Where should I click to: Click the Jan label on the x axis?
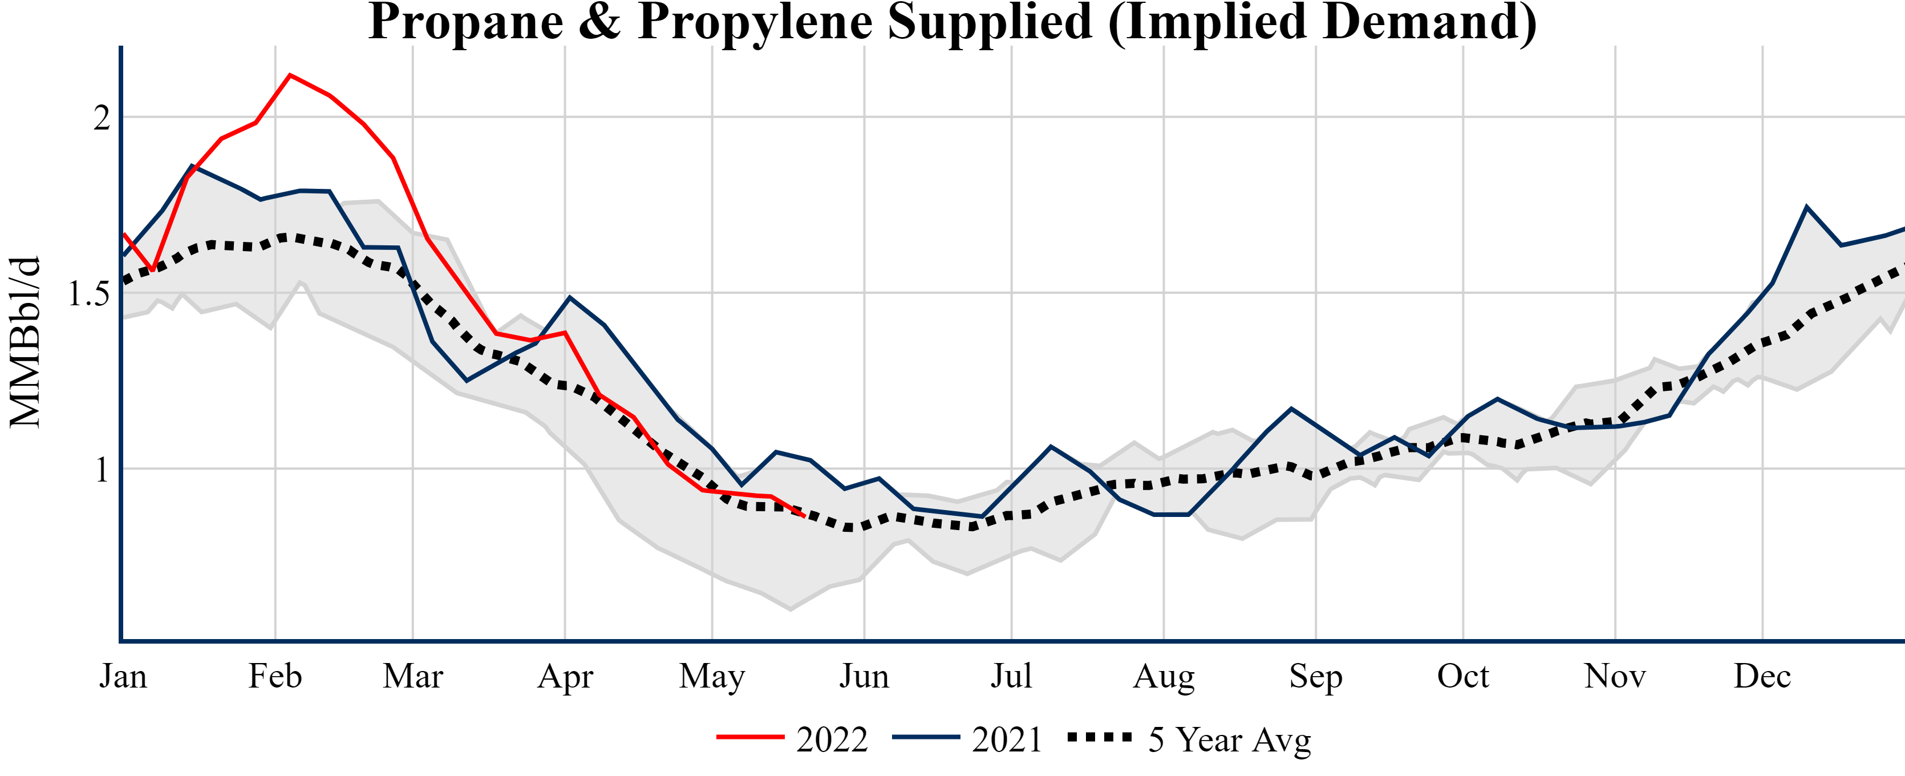pyautogui.click(x=123, y=676)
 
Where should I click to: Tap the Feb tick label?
pyautogui.click(x=275, y=676)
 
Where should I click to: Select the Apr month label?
pyautogui.click(x=565, y=676)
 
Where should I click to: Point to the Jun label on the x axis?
pyautogui.click(x=864, y=676)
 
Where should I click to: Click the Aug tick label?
pyautogui.click(x=1164, y=676)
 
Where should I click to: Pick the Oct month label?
pyautogui.click(x=1463, y=676)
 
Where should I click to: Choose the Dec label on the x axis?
pyautogui.click(x=1762, y=676)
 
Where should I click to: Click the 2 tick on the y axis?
pyautogui.click(x=102, y=118)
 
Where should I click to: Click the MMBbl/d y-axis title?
pyautogui.click(x=25, y=342)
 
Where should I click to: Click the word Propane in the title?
pyautogui.click(x=466, y=22)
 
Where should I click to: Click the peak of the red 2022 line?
pyautogui.click(x=290, y=75)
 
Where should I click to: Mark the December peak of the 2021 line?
pyautogui.click(x=1807, y=207)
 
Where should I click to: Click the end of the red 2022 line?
pyautogui.click(x=804, y=516)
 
